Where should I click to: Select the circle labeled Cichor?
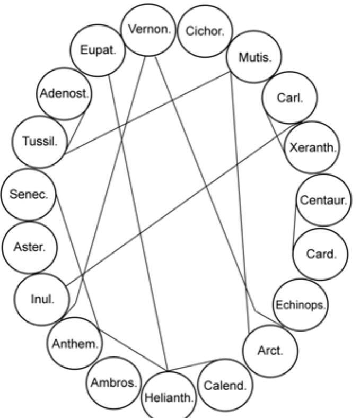click(205, 31)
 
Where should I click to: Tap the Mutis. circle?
click(254, 57)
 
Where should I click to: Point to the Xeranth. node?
click(312, 147)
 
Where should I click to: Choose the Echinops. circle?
click(301, 304)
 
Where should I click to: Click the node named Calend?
click(225, 385)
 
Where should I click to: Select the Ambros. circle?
click(114, 382)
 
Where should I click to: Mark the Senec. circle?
click(28, 194)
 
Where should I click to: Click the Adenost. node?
click(64, 94)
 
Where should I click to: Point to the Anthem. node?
click(75, 343)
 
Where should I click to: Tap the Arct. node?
click(270, 350)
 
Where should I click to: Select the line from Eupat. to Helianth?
click(138, 223)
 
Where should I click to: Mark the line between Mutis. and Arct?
click(241, 202)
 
